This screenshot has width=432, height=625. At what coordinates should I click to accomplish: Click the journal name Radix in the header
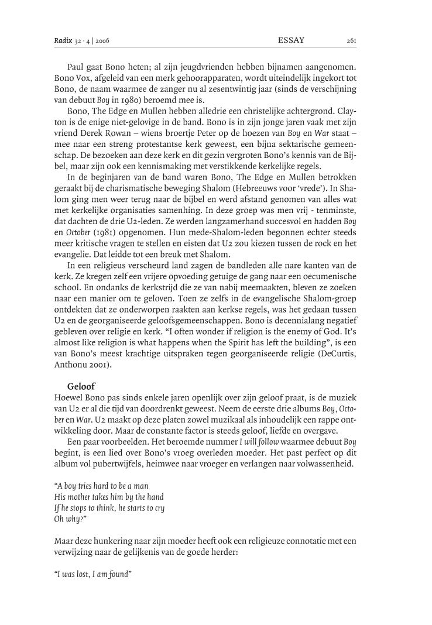click(x=61, y=40)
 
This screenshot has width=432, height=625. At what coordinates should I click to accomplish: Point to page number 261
click(x=351, y=40)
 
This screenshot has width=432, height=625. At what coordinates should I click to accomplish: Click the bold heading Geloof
click(x=81, y=385)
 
